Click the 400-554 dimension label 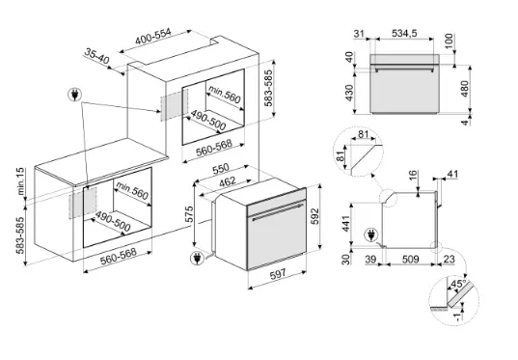153,37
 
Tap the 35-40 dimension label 96,56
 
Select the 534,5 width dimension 404,33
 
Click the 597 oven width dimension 278,274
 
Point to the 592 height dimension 315,216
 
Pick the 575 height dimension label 189,214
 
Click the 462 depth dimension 228,181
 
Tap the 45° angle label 458,284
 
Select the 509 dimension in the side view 410,259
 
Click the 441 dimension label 345,224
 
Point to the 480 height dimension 465,89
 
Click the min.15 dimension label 20,181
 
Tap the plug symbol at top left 75,95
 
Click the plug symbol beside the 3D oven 197,259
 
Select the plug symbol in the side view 370,235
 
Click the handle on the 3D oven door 277,212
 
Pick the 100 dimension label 449,41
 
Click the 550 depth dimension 221,169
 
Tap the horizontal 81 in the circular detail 363,134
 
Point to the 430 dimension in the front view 349,93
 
